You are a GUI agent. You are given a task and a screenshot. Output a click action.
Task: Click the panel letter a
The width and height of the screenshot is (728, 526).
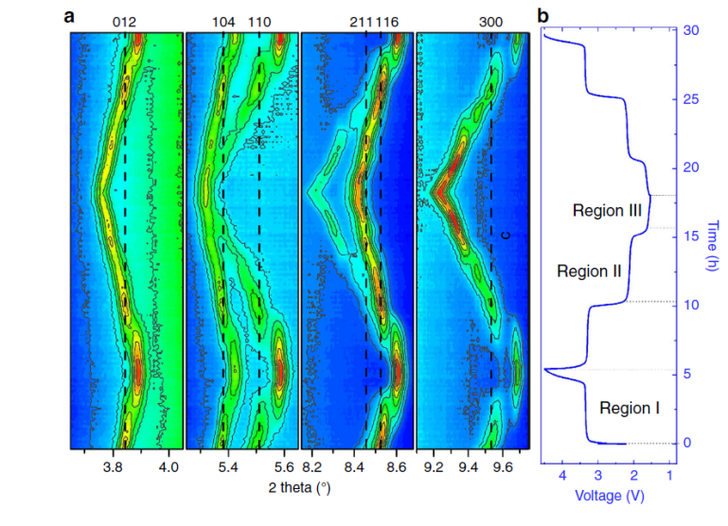coord(68,15)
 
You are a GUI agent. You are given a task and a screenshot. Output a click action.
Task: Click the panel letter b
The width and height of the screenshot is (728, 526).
coord(542,15)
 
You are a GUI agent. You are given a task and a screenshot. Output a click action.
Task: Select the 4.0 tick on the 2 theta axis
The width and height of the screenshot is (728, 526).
coord(169,467)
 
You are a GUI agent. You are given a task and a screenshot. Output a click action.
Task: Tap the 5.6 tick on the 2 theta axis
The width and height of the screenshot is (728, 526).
coord(285,467)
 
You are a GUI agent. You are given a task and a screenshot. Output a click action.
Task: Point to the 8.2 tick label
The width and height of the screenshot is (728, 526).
coord(311,467)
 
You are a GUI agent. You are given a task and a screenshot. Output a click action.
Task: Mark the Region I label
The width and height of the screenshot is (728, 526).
coord(630,409)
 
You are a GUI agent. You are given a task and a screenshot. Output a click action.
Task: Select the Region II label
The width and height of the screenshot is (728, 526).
coord(589,271)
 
